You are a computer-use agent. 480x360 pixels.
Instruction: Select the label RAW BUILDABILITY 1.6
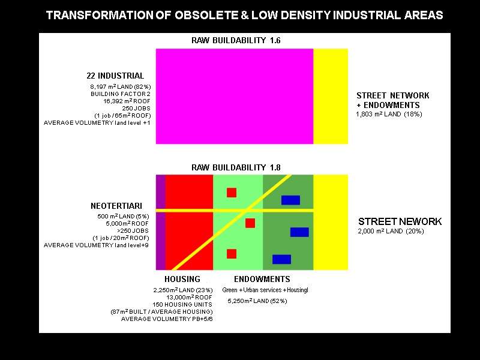(x=236, y=41)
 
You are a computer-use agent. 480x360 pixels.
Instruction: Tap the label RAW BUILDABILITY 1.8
(x=236, y=167)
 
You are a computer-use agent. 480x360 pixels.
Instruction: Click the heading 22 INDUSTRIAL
(x=115, y=76)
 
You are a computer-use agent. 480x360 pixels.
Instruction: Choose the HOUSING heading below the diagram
(x=182, y=279)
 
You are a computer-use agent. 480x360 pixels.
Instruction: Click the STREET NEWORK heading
(x=400, y=221)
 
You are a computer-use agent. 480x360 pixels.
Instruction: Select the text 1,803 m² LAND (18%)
(x=389, y=114)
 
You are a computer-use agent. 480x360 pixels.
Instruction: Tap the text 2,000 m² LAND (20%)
(x=389, y=232)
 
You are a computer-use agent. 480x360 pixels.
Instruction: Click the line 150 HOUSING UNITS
(x=183, y=304)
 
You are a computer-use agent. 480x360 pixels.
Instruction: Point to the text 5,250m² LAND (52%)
(x=257, y=301)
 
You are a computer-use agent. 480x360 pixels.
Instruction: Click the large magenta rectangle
(x=234, y=96)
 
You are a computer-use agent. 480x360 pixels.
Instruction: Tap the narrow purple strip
(x=160, y=222)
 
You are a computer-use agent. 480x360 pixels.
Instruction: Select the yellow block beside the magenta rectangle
(x=330, y=96)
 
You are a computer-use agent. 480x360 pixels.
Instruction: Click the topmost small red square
(x=232, y=193)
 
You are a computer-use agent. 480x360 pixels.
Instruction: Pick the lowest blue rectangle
(x=281, y=259)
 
